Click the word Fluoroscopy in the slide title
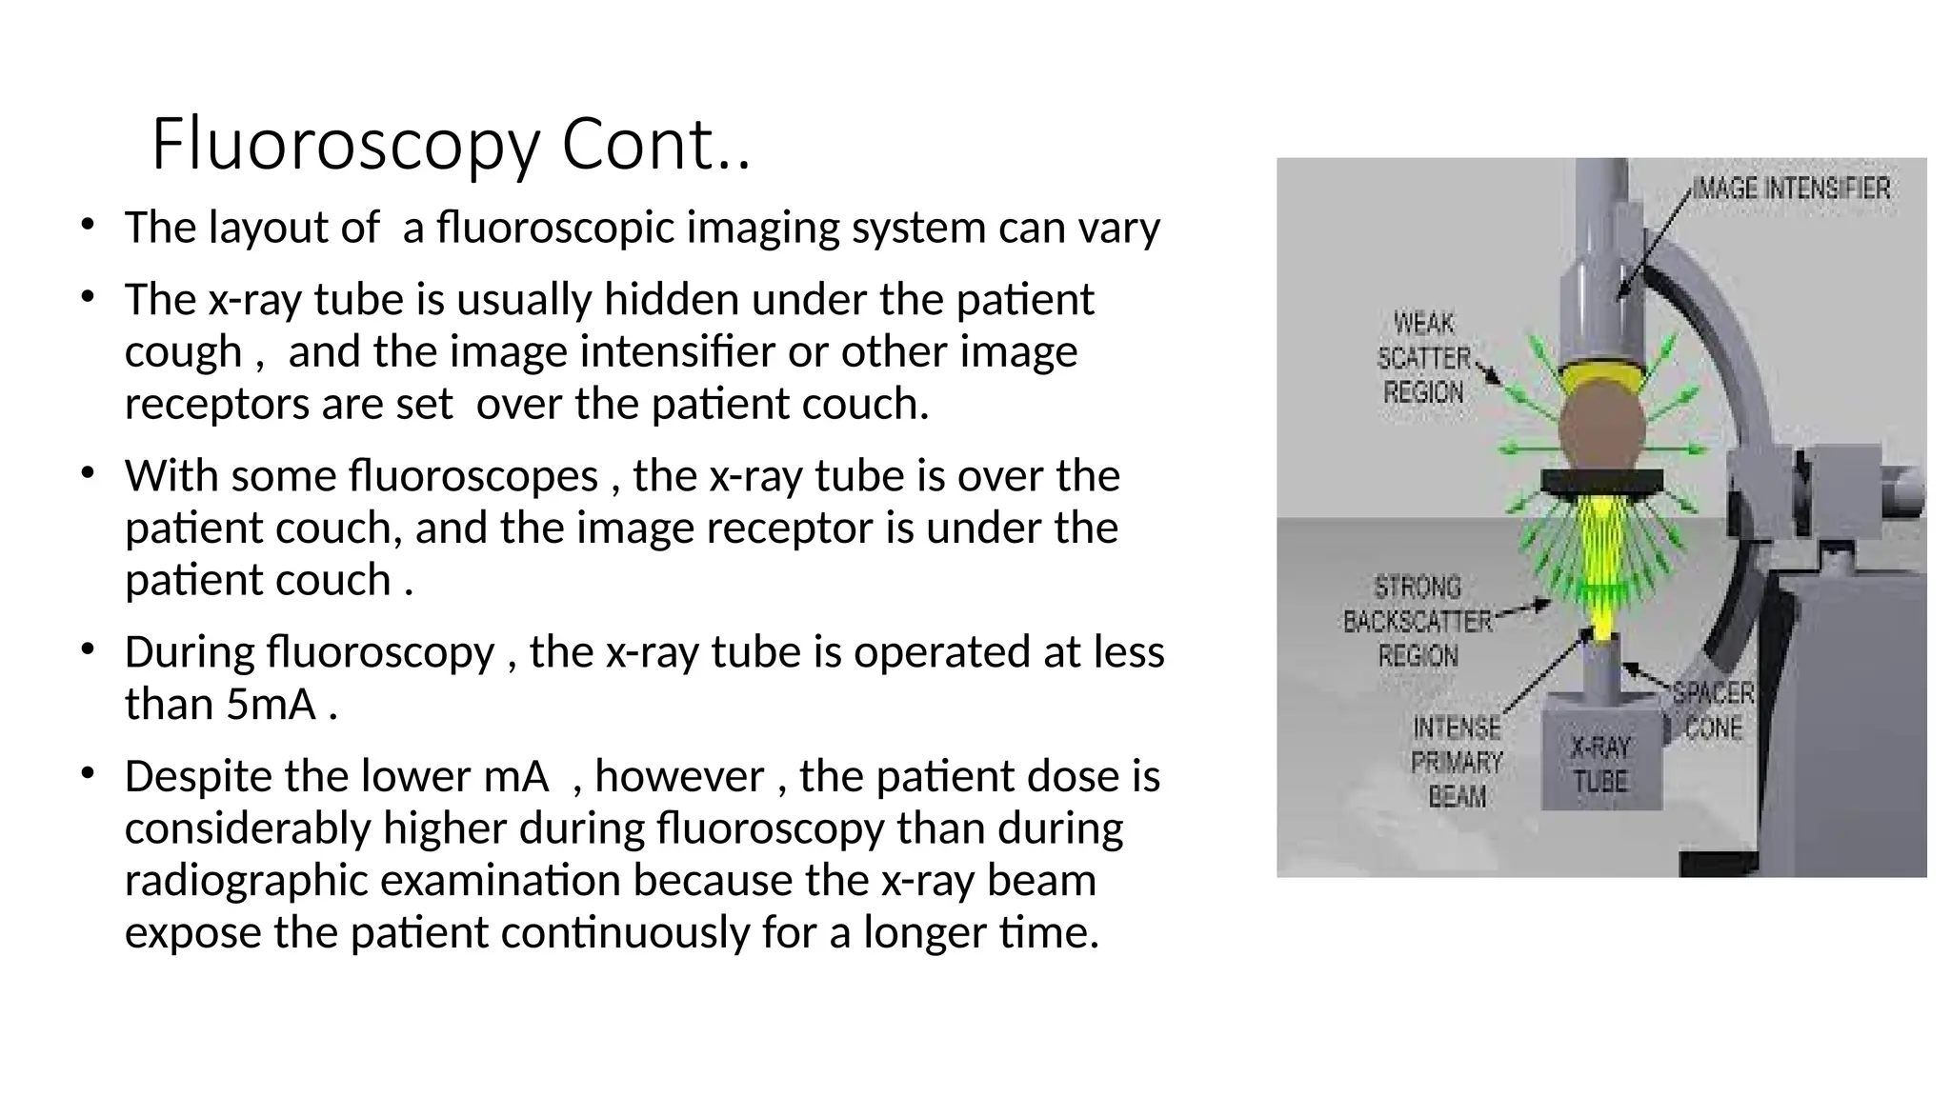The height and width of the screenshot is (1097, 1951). [346, 145]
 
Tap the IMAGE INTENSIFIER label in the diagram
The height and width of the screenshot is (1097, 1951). [1791, 189]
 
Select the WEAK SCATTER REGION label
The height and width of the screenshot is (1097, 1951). [1423, 358]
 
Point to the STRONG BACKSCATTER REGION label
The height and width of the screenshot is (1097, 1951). [1418, 621]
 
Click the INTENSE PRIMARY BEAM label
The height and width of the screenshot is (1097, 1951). [1457, 762]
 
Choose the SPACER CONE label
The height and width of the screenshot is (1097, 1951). [1713, 710]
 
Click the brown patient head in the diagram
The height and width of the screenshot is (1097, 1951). [1602, 427]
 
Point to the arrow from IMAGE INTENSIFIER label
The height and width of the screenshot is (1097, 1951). [1655, 244]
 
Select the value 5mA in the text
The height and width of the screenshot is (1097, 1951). [272, 705]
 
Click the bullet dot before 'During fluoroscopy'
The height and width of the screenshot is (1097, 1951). [88, 649]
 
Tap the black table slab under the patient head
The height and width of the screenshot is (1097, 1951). [1602, 482]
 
